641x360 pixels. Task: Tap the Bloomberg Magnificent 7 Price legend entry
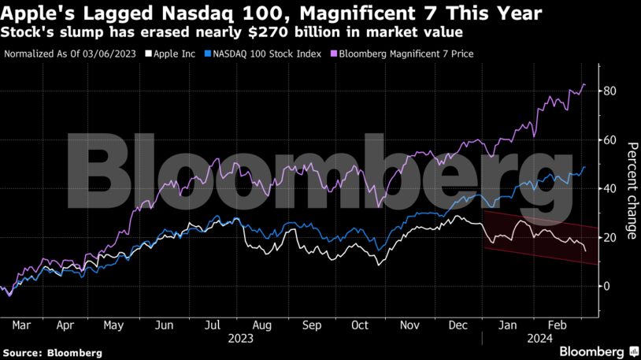point(401,54)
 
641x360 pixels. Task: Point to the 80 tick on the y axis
point(609,91)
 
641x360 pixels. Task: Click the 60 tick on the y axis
point(609,140)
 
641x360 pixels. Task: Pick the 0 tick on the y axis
point(606,286)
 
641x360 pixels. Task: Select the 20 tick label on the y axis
point(609,237)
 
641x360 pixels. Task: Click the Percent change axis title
point(631,190)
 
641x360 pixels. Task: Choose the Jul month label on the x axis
point(213,325)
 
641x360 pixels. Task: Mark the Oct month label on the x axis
point(360,325)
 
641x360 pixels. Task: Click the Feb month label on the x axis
point(558,325)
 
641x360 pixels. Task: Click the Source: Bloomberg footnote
point(52,353)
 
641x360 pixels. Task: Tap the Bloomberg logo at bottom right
point(592,351)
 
